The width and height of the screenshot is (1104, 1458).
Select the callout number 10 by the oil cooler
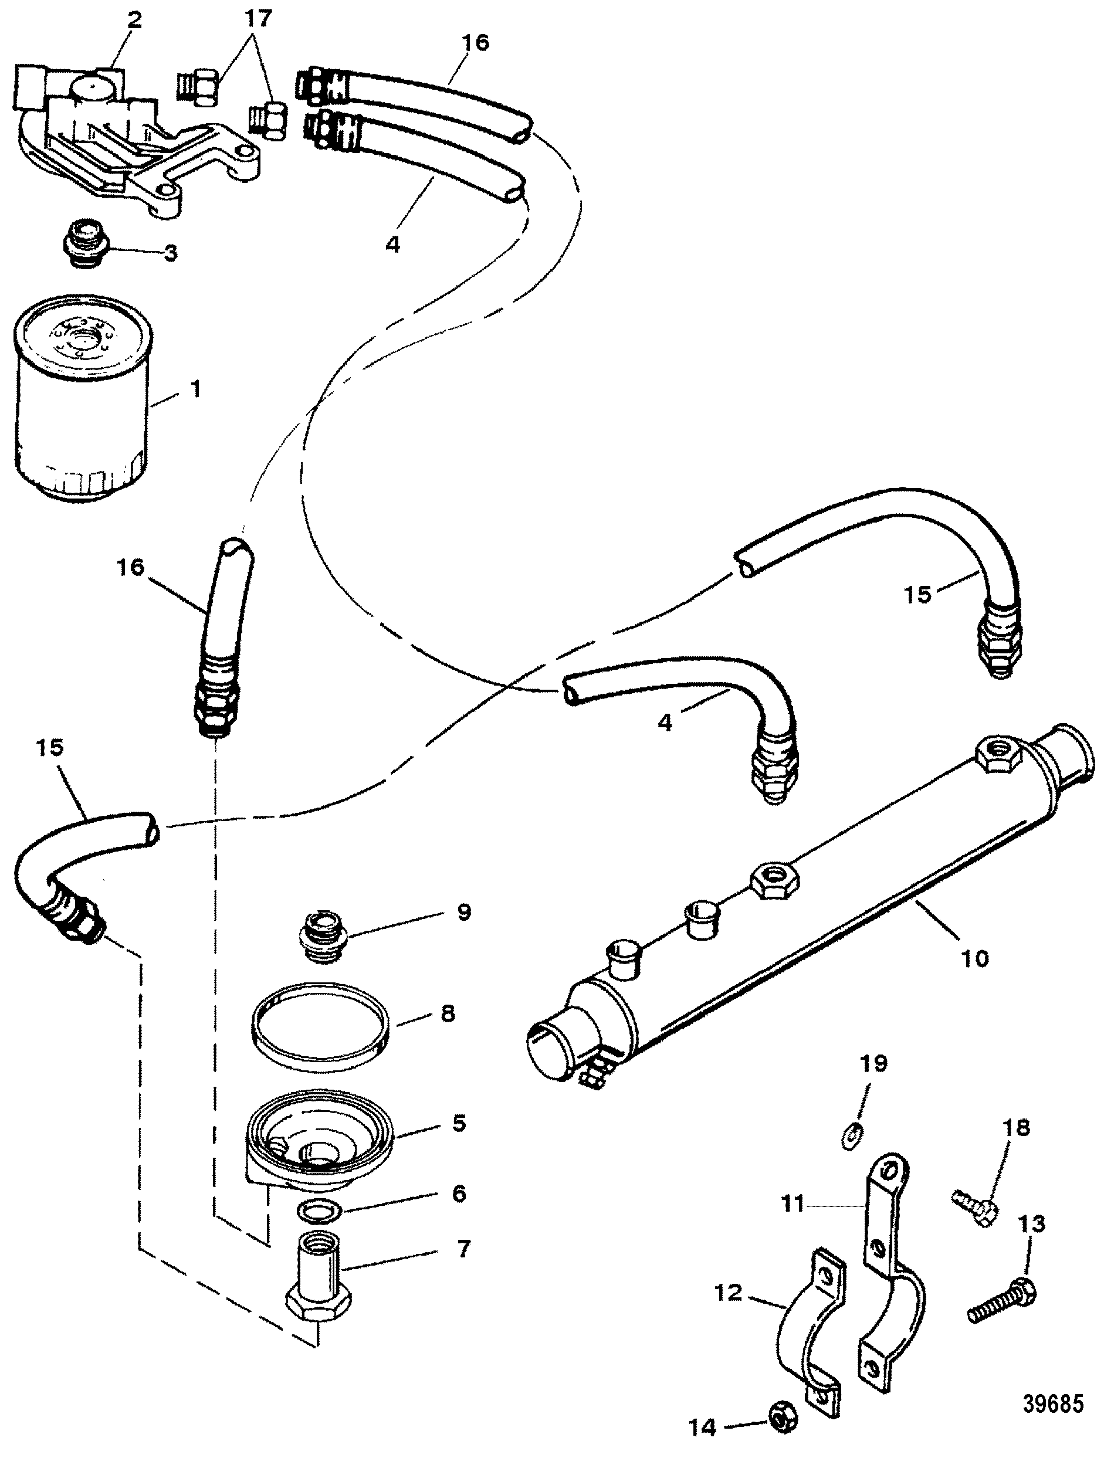coord(975,958)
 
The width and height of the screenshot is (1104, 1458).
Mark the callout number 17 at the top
coord(258,18)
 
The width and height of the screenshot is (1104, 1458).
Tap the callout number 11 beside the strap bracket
coord(793,1204)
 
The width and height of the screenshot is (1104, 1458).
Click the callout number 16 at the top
coord(475,42)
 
